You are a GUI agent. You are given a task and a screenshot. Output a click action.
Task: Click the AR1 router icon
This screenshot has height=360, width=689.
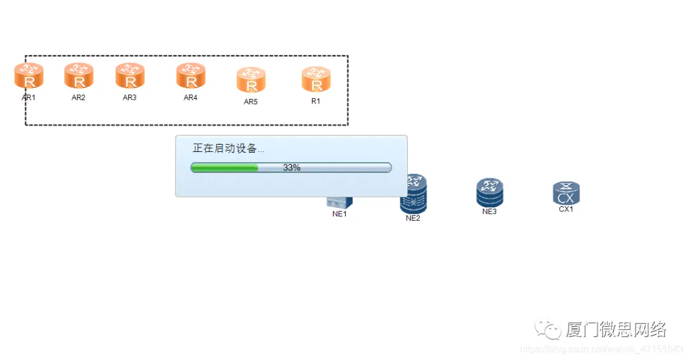point(29,76)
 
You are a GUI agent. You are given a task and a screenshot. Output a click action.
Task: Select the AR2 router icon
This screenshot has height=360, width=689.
point(78,76)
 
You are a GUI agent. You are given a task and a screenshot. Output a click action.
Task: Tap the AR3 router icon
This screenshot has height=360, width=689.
point(130,76)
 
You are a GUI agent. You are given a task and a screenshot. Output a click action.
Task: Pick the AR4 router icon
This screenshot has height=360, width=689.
point(191,76)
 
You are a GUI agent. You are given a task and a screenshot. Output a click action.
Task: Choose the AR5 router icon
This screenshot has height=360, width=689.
point(251,80)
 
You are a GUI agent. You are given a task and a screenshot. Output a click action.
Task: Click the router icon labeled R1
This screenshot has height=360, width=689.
point(316,80)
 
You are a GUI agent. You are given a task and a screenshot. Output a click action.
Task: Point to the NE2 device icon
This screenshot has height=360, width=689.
point(413,193)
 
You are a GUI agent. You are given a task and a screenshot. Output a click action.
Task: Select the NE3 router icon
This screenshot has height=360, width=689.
point(489,192)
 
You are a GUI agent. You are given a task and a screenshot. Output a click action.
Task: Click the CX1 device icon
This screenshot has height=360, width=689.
point(566,193)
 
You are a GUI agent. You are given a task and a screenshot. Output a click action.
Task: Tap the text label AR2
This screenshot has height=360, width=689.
point(78,98)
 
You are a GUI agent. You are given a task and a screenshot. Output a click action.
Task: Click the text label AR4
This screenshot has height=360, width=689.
point(191,98)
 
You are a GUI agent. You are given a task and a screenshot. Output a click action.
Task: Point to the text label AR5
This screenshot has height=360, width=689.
point(251,101)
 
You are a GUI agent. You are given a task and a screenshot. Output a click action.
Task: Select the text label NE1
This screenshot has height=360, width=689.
point(339,214)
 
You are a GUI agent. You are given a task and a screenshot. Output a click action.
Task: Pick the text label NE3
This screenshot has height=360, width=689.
point(489,211)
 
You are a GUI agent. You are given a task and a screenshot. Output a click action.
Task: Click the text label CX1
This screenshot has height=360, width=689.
point(566,209)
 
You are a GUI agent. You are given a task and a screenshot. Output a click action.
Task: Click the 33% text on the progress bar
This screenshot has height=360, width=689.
point(292,167)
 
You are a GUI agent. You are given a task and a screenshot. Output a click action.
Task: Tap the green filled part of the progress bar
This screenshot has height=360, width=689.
point(225,167)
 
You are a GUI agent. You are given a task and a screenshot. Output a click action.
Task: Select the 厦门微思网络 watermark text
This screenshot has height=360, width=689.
point(616,329)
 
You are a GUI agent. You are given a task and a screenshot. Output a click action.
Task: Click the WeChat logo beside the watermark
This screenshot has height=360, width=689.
point(548,329)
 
